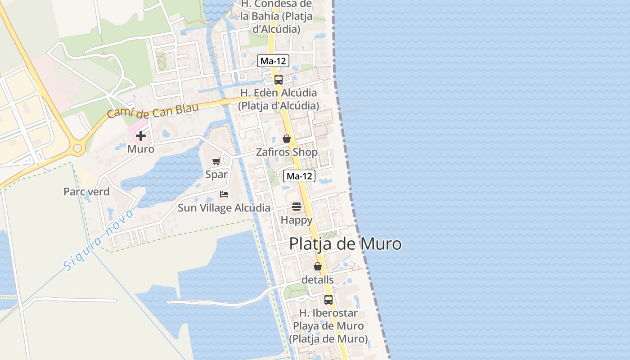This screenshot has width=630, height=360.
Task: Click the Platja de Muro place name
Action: tap(345, 244)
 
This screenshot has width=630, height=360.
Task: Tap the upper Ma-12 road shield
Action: tap(273, 61)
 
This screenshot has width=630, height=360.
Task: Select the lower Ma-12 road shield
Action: tap(299, 176)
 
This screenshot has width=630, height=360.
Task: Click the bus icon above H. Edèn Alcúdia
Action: tap(279, 80)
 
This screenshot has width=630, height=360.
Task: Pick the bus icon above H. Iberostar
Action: tap(328, 299)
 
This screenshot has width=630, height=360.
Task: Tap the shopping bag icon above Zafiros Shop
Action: tap(287, 139)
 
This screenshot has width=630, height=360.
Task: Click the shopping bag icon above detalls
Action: tap(318, 266)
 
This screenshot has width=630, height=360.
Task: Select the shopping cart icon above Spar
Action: tap(216, 161)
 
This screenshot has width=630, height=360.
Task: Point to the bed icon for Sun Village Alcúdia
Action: tap(224, 194)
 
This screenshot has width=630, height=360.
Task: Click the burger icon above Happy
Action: tap(297, 207)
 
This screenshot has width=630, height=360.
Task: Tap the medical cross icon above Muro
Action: tap(141, 135)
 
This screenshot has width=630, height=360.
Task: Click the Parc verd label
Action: tap(86, 192)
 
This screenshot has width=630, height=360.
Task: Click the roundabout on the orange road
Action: tap(78, 148)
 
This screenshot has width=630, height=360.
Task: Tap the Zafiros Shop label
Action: tap(287, 152)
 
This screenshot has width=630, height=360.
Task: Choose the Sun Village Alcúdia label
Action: tap(224, 208)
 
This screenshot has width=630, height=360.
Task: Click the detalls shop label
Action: tap(318, 279)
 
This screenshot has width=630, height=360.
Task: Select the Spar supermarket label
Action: tap(216, 175)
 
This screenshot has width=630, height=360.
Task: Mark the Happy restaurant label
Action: tap(297, 220)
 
